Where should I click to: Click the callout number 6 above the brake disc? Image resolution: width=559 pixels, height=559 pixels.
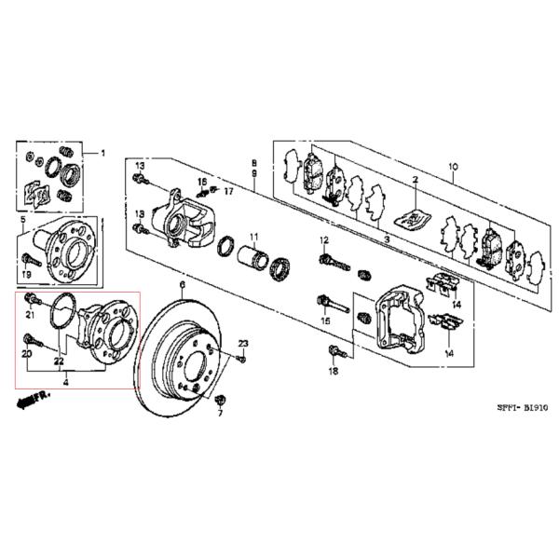pos(183,284)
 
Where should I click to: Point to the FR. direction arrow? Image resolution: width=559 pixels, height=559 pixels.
pos(32,400)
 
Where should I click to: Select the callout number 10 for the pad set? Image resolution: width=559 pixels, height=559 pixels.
pos(454,168)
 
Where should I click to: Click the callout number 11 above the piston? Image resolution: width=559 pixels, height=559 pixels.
pos(253,237)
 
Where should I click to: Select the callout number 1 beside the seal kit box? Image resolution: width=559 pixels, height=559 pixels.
pos(103,153)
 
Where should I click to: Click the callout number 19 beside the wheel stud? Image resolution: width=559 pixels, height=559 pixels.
pos(27,276)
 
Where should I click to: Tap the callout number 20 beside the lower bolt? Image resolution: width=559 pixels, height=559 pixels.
pos(27,355)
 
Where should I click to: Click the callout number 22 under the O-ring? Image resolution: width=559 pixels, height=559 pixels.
pos(58,361)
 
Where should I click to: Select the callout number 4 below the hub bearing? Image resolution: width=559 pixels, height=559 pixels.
pos(65,380)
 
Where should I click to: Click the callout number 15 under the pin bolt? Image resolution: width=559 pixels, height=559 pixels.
pos(326,321)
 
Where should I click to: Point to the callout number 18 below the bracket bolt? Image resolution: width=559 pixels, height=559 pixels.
pos(334,372)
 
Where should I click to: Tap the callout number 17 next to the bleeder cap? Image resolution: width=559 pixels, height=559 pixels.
pos(226,192)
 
